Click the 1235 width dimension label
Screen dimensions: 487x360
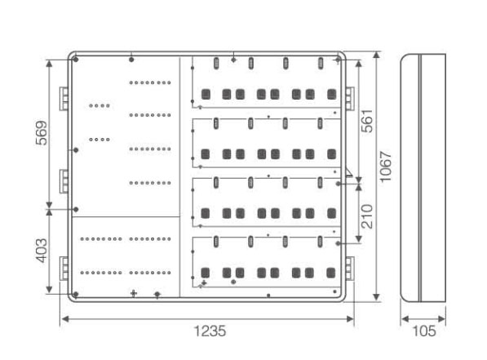pyautogui.click(x=210, y=331)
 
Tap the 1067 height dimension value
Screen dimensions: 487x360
pyautogui.click(x=386, y=167)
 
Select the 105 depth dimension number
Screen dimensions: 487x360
pyautogui.click(x=424, y=331)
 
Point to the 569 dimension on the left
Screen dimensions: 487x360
pyautogui.click(x=42, y=133)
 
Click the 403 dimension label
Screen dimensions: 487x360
pyautogui.click(x=42, y=251)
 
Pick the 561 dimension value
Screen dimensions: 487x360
pyautogui.click(x=367, y=121)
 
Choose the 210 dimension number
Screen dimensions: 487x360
pyautogui.click(x=367, y=216)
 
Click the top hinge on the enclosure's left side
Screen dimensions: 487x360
pyautogui.click(x=64, y=99)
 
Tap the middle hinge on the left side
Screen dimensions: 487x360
pyautogui.click(x=64, y=181)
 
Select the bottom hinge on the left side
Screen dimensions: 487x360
pyautogui.click(x=64, y=269)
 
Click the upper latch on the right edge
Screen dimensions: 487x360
pyautogui.click(x=350, y=99)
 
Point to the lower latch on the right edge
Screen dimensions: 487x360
pyautogui.click(x=350, y=269)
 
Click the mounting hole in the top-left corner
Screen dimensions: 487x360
pyautogui.click(x=76, y=60)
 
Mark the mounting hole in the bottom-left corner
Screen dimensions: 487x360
pyautogui.click(x=76, y=294)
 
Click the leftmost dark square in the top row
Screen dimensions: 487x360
pyautogui.click(x=206, y=94)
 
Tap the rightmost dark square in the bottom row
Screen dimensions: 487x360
pyautogui.click(x=331, y=273)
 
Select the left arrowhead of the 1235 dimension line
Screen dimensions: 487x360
pyautogui.click(x=65, y=319)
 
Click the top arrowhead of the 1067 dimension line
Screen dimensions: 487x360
pyautogui.click(x=376, y=56)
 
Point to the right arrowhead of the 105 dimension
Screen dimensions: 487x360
pyautogui.click(x=442, y=319)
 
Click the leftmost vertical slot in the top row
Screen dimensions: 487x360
pyautogui.click(x=216, y=64)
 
